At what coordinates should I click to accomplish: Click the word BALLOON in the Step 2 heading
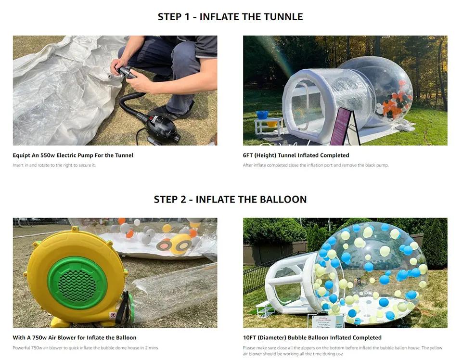coord(284,199)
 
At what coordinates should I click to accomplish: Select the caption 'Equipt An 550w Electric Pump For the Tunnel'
coord(73,155)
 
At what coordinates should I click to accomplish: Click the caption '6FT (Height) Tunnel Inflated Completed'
coord(296,155)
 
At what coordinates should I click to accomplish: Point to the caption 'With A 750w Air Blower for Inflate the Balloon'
coord(75,338)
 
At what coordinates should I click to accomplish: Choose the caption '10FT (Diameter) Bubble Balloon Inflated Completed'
coord(312,338)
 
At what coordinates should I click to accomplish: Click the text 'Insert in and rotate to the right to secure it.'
coord(54,166)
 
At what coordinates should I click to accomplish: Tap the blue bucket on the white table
coord(262,115)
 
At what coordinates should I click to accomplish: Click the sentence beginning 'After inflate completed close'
coord(315,166)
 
